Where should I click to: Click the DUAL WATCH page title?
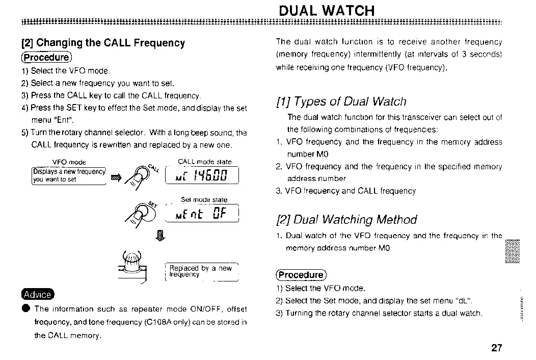point(327,10)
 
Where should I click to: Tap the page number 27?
point(497,348)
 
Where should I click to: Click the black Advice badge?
point(37,294)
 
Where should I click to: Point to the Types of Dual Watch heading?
point(341,101)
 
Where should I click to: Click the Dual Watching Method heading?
point(346,220)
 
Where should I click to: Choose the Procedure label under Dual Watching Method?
point(300,275)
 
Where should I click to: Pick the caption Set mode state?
point(204,199)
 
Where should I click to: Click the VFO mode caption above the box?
point(69,162)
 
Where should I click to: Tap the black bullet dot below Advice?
point(25,309)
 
